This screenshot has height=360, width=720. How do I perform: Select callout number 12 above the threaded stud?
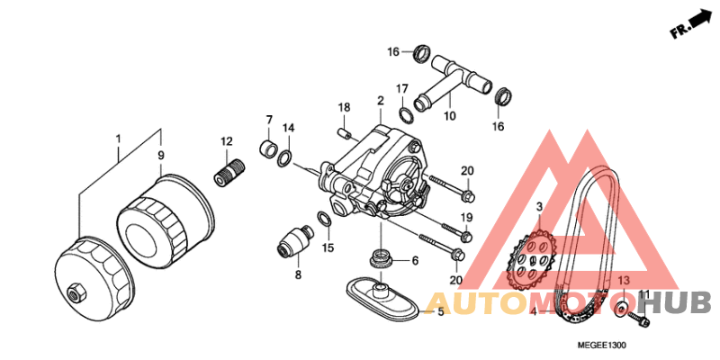coord(228,142)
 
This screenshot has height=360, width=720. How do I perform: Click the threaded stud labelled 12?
coord(229,170)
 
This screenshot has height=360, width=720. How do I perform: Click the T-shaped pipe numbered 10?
coord(453,81)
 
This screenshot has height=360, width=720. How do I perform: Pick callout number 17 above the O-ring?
coord(402,88)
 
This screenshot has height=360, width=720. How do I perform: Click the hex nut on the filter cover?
coord(75,293)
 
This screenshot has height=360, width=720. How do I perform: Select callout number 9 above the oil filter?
coord(161,156)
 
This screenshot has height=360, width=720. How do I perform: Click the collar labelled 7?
coord(268,148)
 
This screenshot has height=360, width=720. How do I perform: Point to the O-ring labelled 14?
coord(285,158)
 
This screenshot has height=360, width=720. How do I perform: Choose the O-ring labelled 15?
coord(325,219)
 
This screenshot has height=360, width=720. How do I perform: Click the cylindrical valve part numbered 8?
coord(294,242)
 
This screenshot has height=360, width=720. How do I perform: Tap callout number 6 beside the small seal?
coord(415,261)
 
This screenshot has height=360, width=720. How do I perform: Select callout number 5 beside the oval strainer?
coord(440,312)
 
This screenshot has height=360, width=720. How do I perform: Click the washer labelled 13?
coord(622,309)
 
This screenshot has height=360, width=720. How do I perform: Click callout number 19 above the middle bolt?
coord(466,217)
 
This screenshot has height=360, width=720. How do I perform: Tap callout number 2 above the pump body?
coord(380,101)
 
